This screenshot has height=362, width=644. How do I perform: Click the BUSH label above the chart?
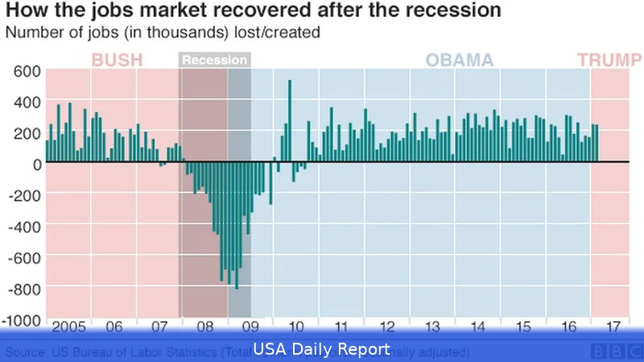(118, 60)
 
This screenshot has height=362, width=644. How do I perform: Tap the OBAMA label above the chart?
(459, 60)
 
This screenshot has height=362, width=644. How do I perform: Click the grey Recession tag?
(214, 60)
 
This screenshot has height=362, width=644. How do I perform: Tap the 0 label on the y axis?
(36, 164)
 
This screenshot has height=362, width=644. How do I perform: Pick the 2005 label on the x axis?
(69, 327)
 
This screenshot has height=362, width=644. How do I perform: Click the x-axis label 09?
(251, 327)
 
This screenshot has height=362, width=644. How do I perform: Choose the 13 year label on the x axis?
(432, 327)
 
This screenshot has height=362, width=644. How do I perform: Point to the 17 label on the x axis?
(613, 327)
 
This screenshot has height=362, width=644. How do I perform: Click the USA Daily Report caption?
(322, 349)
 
